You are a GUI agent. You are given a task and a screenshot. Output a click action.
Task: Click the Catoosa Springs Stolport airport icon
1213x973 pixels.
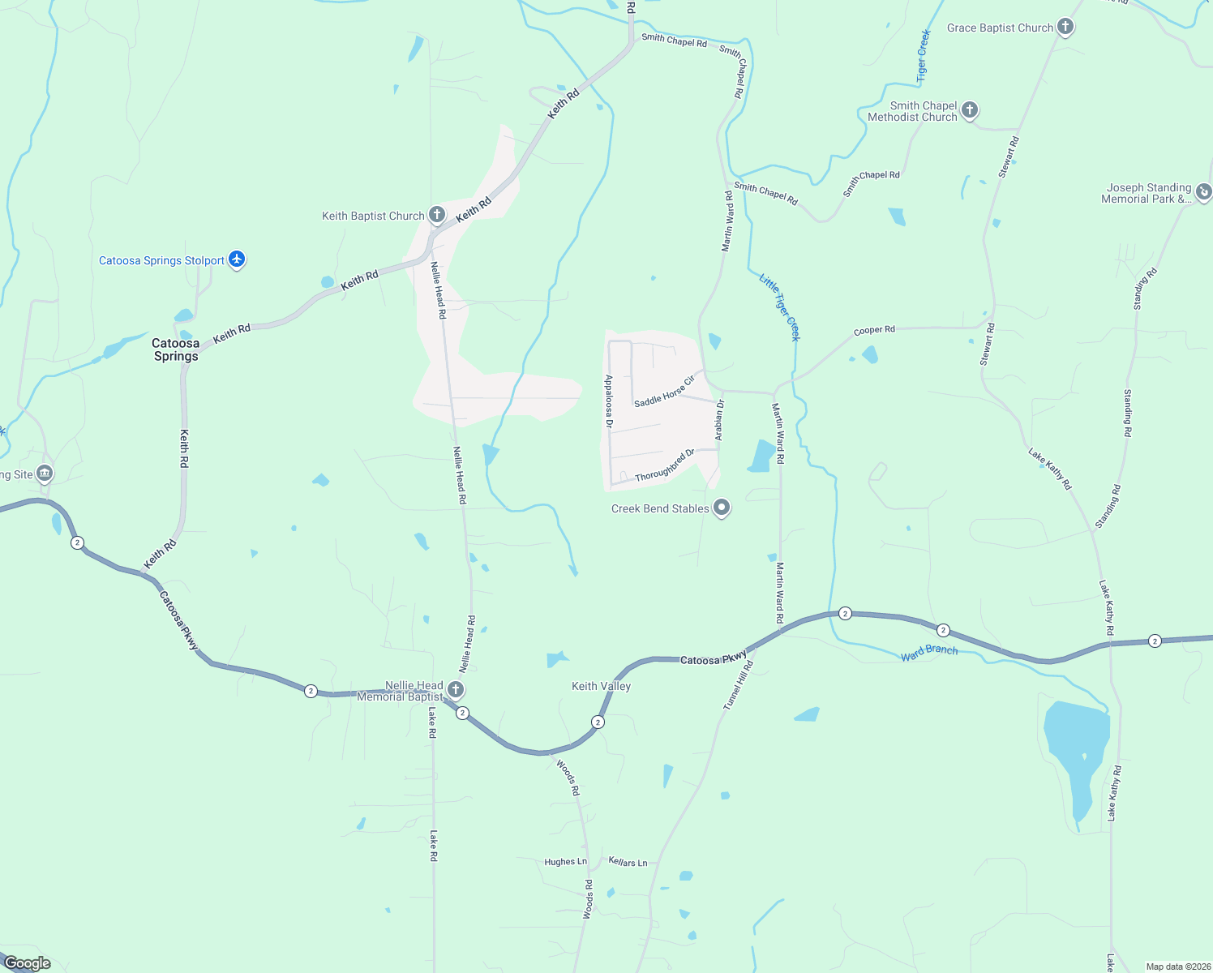click(237, 259)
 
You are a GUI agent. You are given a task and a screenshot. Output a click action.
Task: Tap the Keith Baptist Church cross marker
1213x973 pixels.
click(437, 215)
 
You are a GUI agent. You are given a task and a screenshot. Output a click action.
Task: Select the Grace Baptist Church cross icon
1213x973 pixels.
click(1065, 28)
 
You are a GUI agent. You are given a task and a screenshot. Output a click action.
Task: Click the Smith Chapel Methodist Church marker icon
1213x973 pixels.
click(970, 110)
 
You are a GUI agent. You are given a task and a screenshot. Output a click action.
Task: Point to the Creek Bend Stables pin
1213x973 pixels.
click(722, 508)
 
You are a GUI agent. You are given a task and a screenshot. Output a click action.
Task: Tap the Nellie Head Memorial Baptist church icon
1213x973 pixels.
click(456, 690)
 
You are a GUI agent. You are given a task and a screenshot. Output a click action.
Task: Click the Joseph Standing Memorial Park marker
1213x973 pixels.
click(1204, 192)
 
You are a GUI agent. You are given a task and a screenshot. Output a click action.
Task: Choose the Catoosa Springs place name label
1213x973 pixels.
click(176, 349)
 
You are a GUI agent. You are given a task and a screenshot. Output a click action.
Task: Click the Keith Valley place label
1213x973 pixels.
click(601, 686)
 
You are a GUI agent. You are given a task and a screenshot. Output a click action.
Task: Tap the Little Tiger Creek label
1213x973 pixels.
click(779, 306)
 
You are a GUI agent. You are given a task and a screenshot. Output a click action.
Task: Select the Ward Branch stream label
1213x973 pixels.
click(929, 652)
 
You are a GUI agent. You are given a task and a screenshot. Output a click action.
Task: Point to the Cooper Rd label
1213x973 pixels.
click(874, 330)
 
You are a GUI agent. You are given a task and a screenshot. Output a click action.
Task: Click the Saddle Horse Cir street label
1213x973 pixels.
click(665, 392)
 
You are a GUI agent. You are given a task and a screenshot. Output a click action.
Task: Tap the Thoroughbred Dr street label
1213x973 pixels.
click(665, 465)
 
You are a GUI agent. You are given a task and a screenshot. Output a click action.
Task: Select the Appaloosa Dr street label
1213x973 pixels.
click(609, 401)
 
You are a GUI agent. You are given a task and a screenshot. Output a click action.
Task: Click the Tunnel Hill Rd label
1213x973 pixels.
click(739, 686)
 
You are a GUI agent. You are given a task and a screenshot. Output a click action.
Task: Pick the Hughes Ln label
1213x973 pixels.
click(565, 862)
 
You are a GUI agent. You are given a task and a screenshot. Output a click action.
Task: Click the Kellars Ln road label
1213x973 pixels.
click(628, 862)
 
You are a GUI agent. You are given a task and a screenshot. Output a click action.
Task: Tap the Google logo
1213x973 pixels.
click(28, 963)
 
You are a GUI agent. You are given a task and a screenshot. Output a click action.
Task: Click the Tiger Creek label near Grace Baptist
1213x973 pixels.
click(923, 56)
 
